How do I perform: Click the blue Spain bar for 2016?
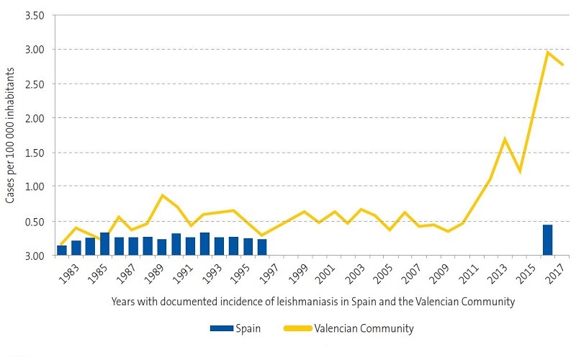547,240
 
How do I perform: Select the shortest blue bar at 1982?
62,251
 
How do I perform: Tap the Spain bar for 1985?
104,244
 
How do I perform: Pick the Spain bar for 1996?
262,247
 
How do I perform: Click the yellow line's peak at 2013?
505,139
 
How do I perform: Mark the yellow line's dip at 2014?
519,171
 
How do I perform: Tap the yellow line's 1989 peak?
162,195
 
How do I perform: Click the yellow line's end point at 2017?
562,65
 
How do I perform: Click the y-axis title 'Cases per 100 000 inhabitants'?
12,135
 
